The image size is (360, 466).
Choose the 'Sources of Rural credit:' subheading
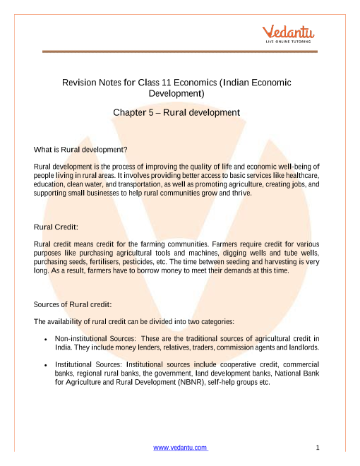[x=73, y=304]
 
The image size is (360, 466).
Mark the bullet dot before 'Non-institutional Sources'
[x=46, y=339]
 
